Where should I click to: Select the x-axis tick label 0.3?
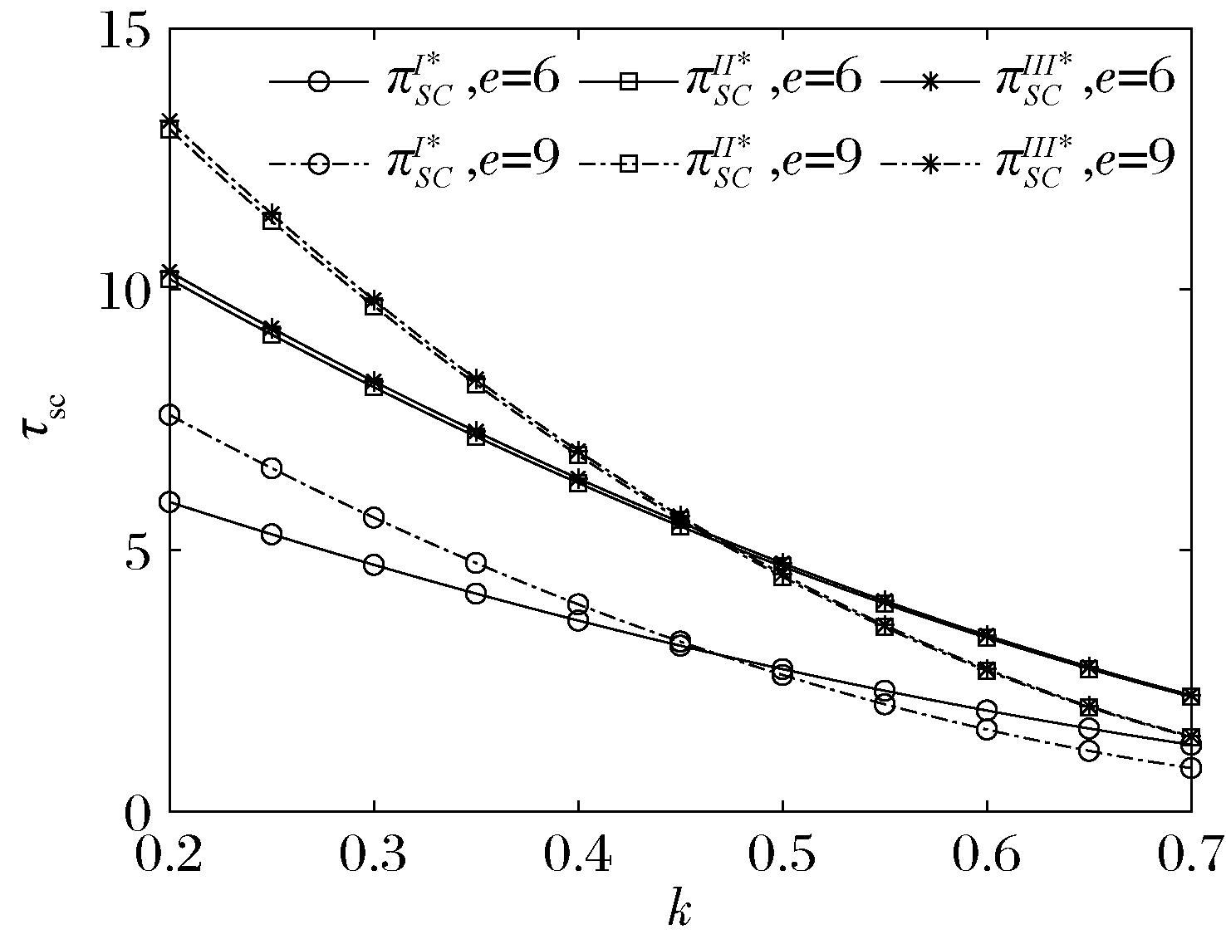tap(374, 855)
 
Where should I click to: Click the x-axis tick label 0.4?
tap(578, 855)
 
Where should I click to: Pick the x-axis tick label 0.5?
tap(782, 855)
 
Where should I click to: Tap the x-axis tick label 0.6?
tap(987, 855)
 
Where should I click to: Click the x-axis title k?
tap(679, 909)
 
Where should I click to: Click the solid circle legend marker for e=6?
tap(319, 81)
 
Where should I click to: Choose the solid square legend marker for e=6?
tap(629, 81)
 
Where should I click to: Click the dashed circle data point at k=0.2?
tap(169, 416)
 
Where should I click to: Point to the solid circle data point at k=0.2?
tap(169, 501)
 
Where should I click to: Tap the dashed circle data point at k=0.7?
tap(1191, 767)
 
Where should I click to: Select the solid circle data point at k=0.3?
tap(374, 565)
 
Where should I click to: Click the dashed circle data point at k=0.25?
tap(272, 469)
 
